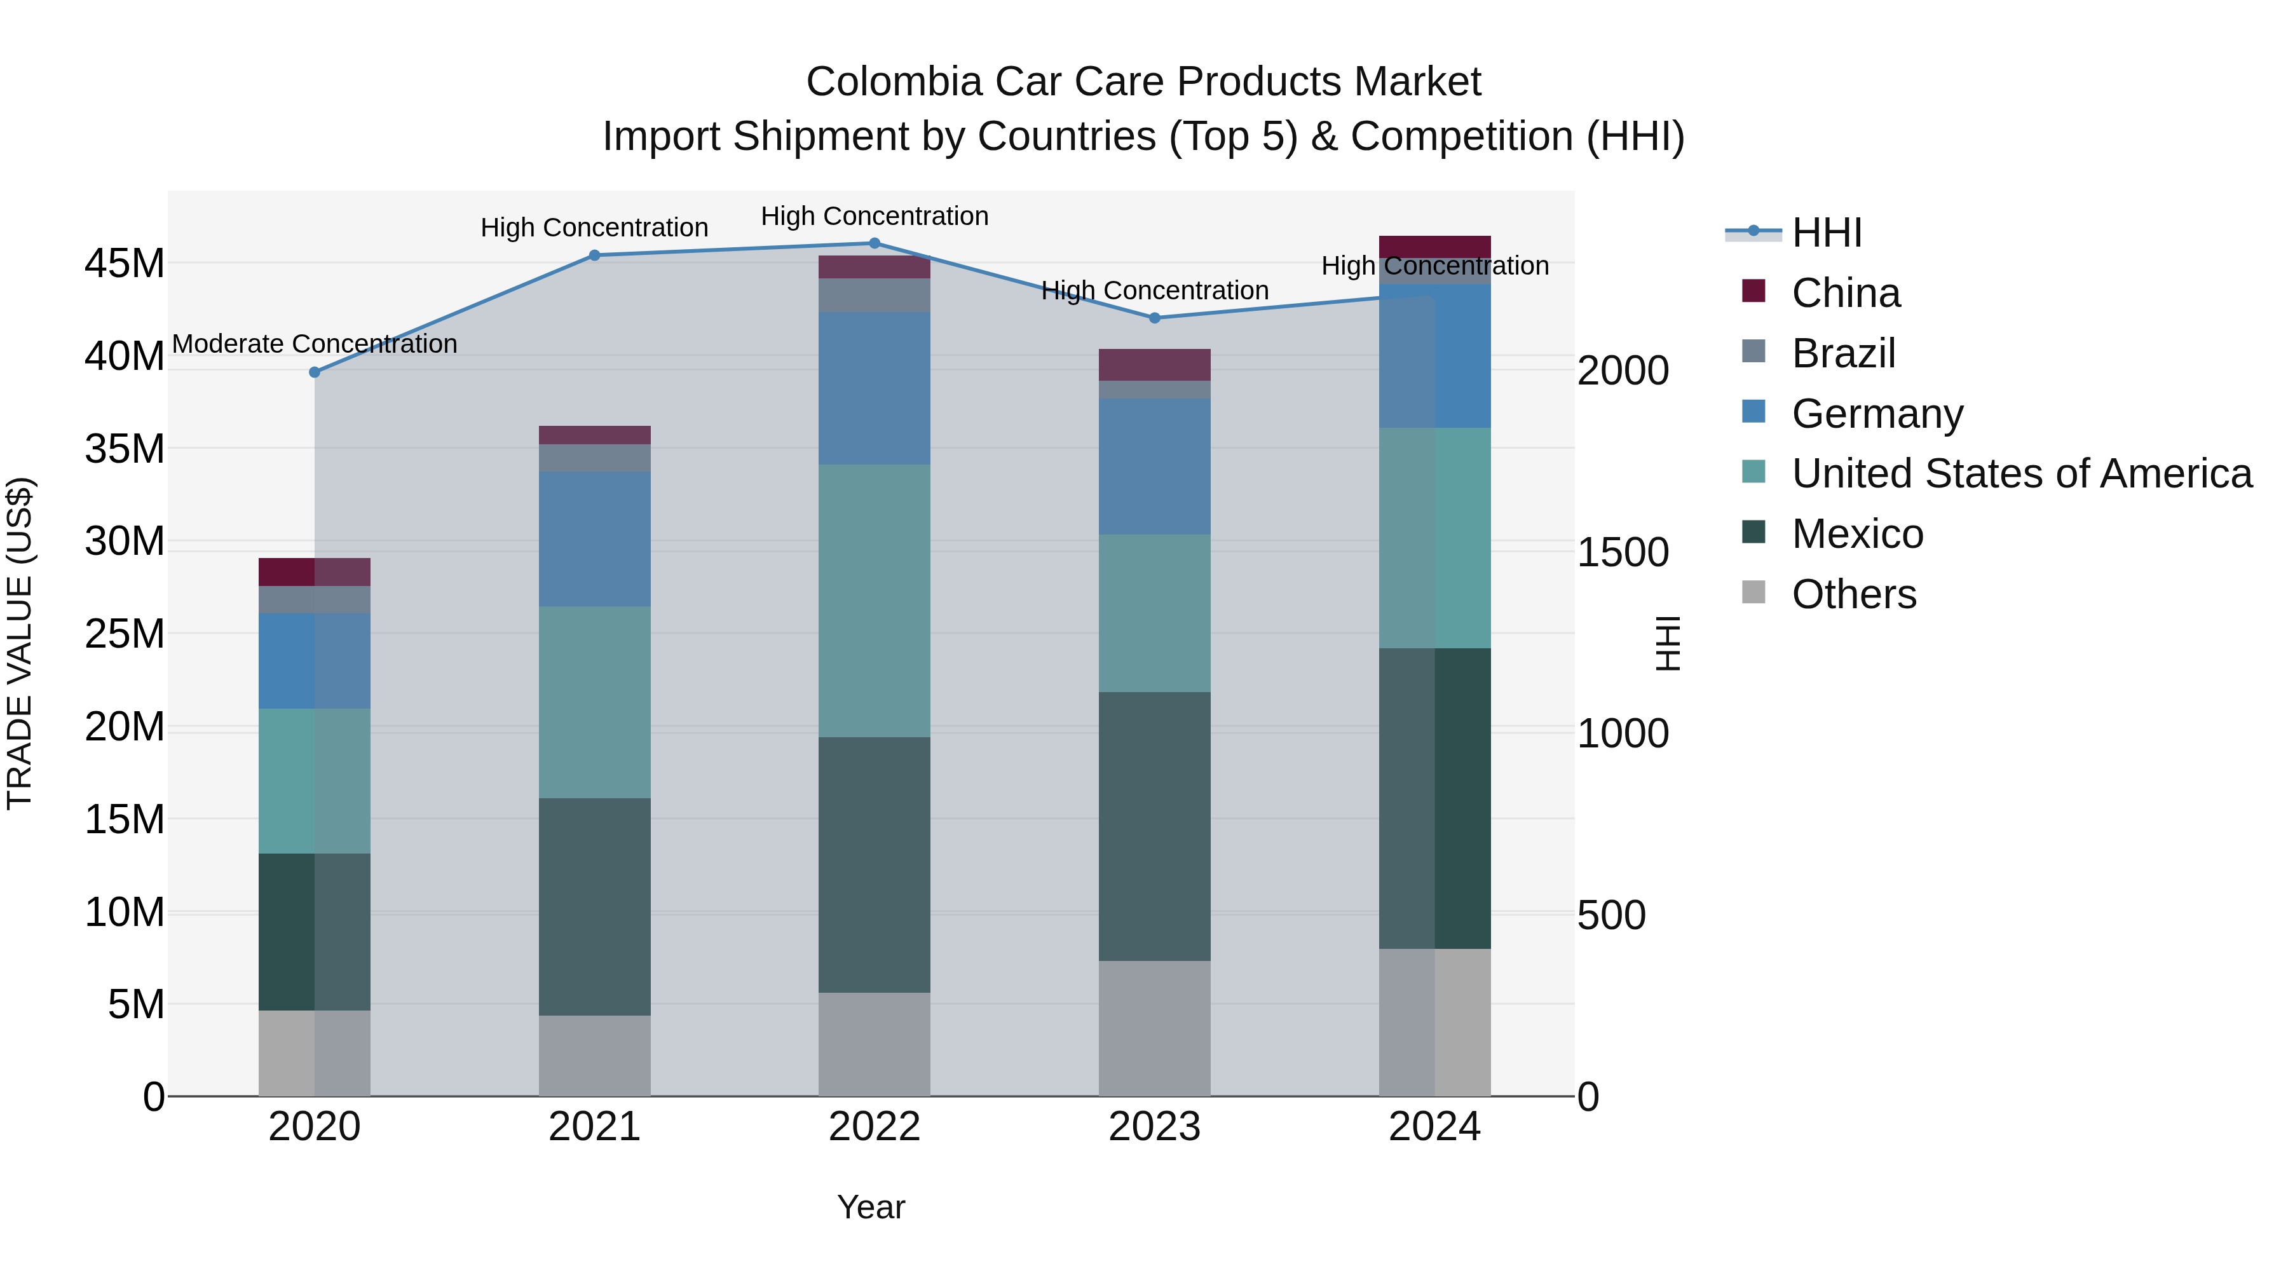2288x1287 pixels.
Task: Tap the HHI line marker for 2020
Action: (x=315, y=372)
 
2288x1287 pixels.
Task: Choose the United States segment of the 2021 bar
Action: (x=594, y=702)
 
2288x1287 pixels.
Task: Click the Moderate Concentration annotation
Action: (x=315, y=344)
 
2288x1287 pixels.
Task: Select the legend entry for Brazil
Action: (x=1843, y=353)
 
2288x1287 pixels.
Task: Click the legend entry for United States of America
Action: (x=2020, y=473)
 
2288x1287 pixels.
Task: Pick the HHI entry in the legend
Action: (x=1825, y=233)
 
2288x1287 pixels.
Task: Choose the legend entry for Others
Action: (x=1854, y=594)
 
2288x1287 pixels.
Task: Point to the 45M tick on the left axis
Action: (x=125, y=264)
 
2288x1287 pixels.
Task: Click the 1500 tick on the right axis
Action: (x=1622, y=552)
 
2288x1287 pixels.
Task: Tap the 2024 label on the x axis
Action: (x=1434, y=1127)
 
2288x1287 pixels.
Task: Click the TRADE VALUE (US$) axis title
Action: (x=20, y=643)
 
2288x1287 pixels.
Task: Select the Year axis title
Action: (x=871, y=1207)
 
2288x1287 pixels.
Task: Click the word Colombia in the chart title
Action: (x=894, y=82)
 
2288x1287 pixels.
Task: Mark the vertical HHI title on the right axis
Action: (x=1668, y=643)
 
